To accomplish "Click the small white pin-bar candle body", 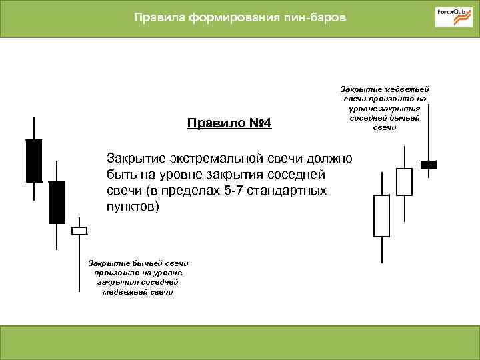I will (x=79, y=231).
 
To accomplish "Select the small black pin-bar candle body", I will (x=429, y=164).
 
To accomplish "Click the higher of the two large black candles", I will (x=33, y=161).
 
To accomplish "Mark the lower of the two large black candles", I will (x=57, y=202).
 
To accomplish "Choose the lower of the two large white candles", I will (x=381, y=215).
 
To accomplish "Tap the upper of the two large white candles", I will (x=404, y=181).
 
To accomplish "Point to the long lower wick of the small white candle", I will (x=79, y=263).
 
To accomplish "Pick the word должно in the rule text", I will (x=331, y=158).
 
